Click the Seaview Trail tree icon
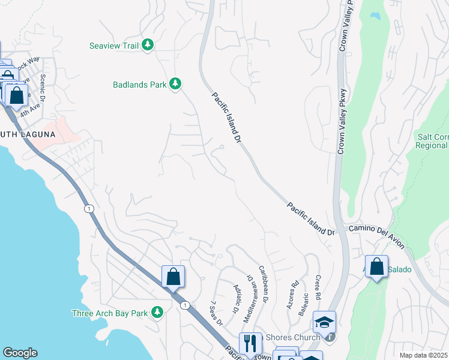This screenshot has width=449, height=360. [x=148, y=46]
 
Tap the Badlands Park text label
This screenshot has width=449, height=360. [x=139, y=85]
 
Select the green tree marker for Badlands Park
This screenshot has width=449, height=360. [x=175, y=84]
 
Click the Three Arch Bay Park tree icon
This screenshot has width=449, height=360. [x=157, y=313]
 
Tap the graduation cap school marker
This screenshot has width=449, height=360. [x=324, y=323]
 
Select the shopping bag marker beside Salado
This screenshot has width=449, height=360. [x=376, y=268]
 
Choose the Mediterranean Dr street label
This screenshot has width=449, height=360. [x=252, y=292]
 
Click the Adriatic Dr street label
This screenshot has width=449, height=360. [x=235, y=297]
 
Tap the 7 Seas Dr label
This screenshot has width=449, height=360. [x=217, y=312]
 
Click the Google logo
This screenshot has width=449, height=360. [x=20, y=353]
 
